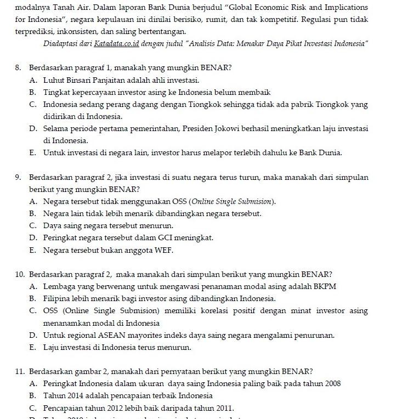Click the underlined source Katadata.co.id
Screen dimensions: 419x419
click(x=116, y=43)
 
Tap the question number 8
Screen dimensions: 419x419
click(x=18, y=68)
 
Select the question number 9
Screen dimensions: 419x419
click(x=18, y=178)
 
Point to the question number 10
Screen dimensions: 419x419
click(x=20, y=274)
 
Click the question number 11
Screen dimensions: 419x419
click(x=20, y=371)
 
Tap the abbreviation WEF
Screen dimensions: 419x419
click(x=163, y=251)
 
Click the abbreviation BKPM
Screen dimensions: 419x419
click(x=325, y=286)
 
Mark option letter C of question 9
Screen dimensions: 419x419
click(x=33, y=225)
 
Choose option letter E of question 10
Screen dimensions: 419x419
click(x=33, y=348)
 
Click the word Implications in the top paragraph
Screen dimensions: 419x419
click(x=346, y=8)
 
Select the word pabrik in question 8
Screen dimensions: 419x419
click(x=304, y=104)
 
